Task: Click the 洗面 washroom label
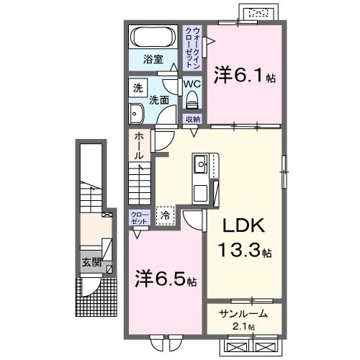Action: point(159,100)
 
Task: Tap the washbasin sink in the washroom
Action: point(138,112)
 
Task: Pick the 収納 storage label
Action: point(192,119)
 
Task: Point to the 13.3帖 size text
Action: point(246,251)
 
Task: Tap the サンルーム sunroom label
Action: point(243,313)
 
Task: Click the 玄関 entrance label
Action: point(90,262)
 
